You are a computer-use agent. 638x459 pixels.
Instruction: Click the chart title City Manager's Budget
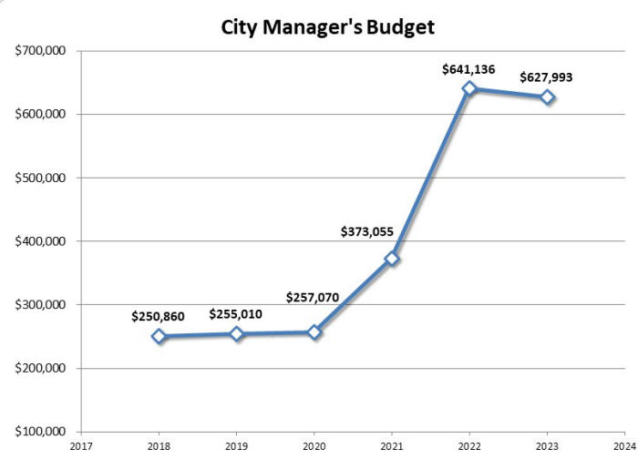tap(328, 27)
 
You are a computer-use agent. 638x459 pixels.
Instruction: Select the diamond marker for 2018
tap(159, 336)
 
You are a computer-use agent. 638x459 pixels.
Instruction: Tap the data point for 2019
tap(237, 333)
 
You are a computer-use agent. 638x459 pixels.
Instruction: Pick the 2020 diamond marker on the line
tap(314, 332)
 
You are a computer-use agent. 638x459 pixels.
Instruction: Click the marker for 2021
tap(392, 259)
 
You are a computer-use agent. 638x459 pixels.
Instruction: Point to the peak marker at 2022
tap(469, 88)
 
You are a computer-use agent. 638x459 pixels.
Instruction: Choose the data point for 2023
tap(547, 97)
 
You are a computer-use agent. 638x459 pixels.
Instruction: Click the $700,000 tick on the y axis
tap(40, 51)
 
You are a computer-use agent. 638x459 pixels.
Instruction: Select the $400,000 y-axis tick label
tap(40, 241)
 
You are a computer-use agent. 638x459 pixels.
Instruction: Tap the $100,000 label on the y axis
tap(40, 432)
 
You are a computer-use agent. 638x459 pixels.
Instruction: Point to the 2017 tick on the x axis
tap(81, 447)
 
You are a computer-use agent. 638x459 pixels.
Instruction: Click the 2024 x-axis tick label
tap(624, 447)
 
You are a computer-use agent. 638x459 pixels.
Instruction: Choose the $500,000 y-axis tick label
tap(40, 178)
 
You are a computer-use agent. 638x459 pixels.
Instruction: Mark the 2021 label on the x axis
tap(392, 447)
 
